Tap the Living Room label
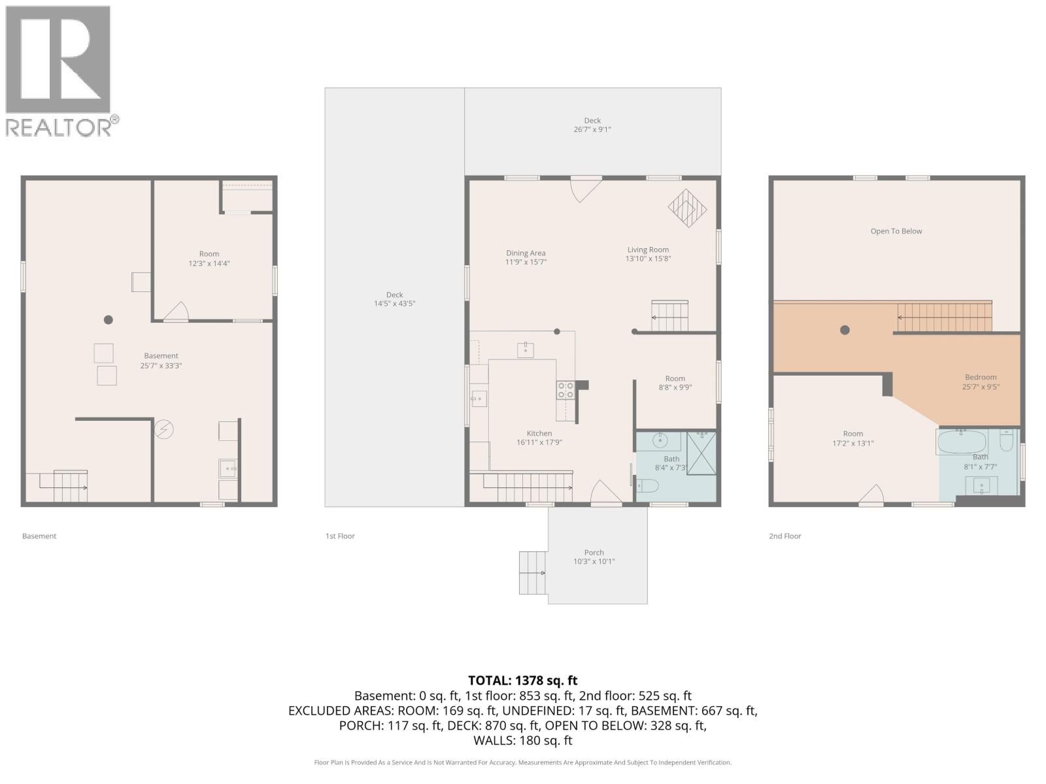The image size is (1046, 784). pyautogui.click(x=648, y=250)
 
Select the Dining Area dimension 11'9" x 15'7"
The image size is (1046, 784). pyautogui.click(x=526, y=262)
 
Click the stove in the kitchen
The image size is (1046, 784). pyautogui.click(x=565, y=391)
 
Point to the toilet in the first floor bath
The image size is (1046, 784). pyautogui.click(x=648, y=485)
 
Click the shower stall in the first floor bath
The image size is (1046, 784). pyautogui.click(x=701, y=453)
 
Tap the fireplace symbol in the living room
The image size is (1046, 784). pyautogui.click(x=687, y=208)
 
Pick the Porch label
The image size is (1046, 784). pyautogui.click(x=594, y=553)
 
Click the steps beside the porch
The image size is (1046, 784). pyautogui.click(x=533, y=573)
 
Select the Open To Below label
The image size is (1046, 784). pyautogui.click(x=896, y=231)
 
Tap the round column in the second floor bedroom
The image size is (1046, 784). pyautogui.click(x=845, y=330)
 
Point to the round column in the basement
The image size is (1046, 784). pyautogui.click(x=109, y=320)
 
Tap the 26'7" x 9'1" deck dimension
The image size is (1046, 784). pyautogui.click(x=592, y=129)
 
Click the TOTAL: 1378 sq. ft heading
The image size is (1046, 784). pyautogui.click(x=523, y=681)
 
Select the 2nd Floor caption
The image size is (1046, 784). pyautogui.click(x=785, y=536)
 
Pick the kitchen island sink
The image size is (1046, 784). pyautogui.click(x=526, y=350)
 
